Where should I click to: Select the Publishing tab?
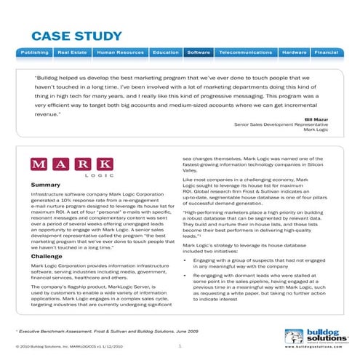pos(34,53)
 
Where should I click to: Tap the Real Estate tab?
pos(73,53)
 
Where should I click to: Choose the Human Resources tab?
pos(120,53)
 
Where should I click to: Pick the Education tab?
pos(166,53)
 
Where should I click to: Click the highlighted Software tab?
pos(199,53)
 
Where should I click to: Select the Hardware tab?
pos(294,53)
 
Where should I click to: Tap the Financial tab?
pos(327,53)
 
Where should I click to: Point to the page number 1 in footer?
pos(180,346)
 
